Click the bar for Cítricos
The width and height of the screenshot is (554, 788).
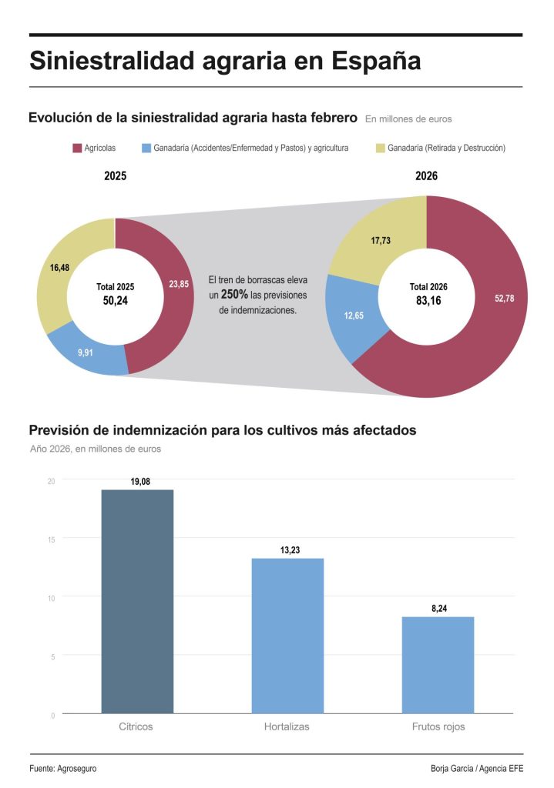(137, 601)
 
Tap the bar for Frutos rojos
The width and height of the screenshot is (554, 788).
(438, 665)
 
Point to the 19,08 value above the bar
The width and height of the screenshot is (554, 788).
(140, 482)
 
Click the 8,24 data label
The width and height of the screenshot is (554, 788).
(439, 609)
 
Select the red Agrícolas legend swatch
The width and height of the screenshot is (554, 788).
(77, 148)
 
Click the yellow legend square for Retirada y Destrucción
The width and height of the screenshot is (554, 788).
(380, 148)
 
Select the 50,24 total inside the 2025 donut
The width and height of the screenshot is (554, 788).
(115, 301)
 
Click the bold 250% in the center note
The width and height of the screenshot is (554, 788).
(234, 295)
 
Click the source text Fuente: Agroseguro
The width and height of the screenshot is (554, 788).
(63, 769)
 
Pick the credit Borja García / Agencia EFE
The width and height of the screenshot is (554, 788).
(477, 769)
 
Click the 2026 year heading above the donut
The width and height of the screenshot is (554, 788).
(426, 176)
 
